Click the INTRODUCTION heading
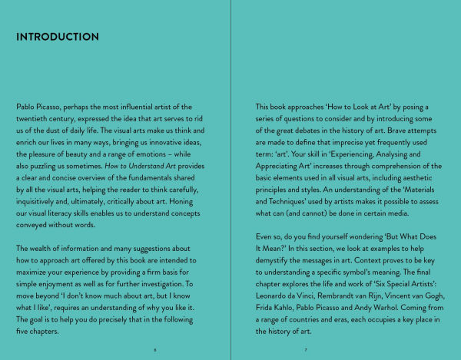(x=58, y=37)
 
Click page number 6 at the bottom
(x=155, y=349)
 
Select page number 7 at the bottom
(x=306, y=349)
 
